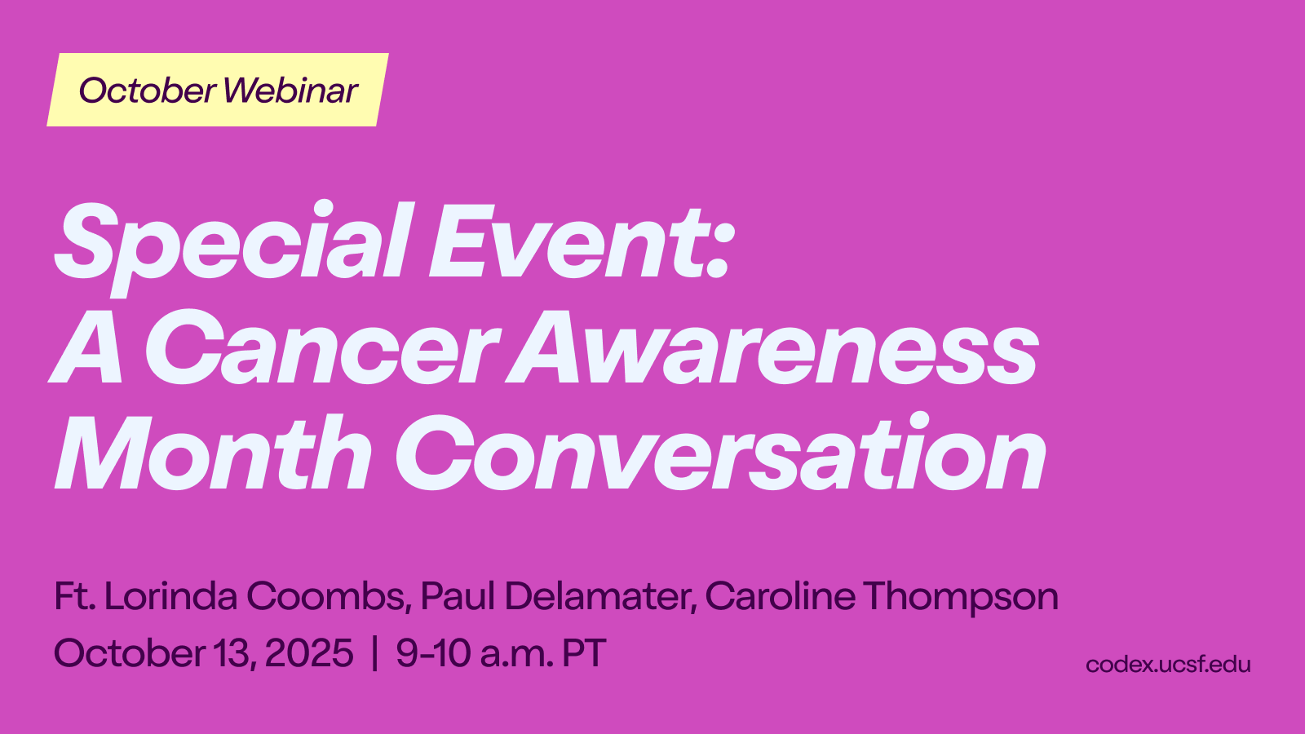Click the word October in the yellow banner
point(148,91)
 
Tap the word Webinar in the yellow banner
point(290,91)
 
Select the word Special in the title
point(234,247)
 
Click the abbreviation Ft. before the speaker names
point(74,596)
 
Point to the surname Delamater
point(600,597)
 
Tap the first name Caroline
point(780,596)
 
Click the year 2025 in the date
point(309,652)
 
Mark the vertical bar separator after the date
point(374,653)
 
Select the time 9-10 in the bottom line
point(433,652)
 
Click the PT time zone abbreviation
point(584,652)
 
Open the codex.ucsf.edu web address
point(1168,664)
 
